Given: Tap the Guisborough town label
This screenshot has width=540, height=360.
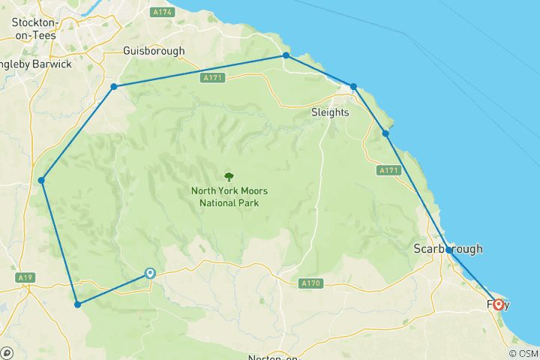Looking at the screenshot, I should coord(153,52).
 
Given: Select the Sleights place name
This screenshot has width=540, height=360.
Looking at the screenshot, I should coord(330,112).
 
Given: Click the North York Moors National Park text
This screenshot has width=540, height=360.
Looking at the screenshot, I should coord(229,196).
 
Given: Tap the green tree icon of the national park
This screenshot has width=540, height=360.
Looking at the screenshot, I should coord(229,176).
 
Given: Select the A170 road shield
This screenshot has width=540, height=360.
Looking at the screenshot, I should coord(310,283).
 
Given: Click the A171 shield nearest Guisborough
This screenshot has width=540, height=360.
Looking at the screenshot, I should coord(211,77).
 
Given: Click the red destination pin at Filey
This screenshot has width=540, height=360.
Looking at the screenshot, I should coord(498,304).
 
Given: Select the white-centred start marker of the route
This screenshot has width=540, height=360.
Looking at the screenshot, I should coord(150,274).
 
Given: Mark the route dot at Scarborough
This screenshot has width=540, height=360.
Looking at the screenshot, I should coord(448,250).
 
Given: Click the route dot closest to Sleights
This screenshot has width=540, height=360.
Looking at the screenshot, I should coord(354,87).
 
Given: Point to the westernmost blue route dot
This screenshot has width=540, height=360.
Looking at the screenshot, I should coord(42,180).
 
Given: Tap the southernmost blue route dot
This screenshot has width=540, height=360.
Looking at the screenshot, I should coord(77,304).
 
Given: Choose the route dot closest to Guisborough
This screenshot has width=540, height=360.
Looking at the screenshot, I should coord(114,87).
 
